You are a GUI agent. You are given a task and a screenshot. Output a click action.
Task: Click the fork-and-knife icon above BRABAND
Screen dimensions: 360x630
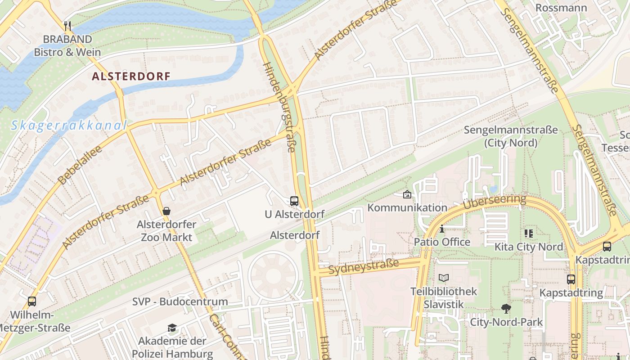67,26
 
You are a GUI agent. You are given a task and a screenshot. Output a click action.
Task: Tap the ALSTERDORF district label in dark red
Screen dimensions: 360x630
131,76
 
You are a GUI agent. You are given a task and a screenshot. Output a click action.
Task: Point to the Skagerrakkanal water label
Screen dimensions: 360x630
69,125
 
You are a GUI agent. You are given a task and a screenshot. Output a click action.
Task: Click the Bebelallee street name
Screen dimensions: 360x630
80,165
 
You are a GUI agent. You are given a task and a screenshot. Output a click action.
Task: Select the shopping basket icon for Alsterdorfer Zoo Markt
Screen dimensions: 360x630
166,211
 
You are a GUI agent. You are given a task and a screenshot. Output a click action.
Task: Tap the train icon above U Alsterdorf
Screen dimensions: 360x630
294,201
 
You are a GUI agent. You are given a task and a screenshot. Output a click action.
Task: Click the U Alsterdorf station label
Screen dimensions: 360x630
294,214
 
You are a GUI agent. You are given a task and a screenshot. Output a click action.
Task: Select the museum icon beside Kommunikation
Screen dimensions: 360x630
407,194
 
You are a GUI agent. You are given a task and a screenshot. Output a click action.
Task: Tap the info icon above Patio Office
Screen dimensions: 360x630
442,229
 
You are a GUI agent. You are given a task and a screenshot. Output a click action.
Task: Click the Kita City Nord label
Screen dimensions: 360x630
529,247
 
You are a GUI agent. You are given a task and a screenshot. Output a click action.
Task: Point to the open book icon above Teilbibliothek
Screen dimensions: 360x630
444,278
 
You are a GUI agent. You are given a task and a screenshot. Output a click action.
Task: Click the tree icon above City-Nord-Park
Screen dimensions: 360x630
506,309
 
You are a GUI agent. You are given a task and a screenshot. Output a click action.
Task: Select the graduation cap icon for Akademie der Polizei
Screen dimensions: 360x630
172,328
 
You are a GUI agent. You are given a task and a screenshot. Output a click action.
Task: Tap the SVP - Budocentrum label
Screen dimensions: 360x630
180,301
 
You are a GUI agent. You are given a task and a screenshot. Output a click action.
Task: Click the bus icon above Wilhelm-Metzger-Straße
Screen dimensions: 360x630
32,301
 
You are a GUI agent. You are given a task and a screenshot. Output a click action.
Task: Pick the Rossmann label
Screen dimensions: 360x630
561,8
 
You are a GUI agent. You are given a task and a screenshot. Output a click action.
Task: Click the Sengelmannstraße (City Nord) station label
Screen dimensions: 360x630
511,136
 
